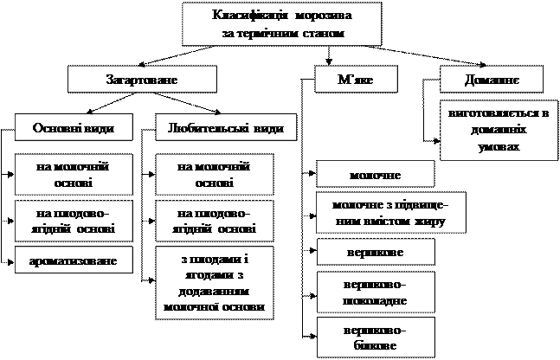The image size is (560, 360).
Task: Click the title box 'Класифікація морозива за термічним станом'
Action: [x=283, y=24]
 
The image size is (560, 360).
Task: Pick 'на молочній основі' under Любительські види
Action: [x=212, y=173]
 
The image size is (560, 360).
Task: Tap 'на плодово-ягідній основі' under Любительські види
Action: [x=212, y=220]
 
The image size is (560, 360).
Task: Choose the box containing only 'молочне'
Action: [x=374, y=175]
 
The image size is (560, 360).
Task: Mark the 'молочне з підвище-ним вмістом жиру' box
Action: [x=392, y=213]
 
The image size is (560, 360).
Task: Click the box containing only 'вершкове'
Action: [x=374, y=253]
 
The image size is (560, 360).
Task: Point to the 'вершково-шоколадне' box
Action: [x=374, y=292]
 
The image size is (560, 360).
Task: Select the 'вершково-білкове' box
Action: [x=374, y=336]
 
